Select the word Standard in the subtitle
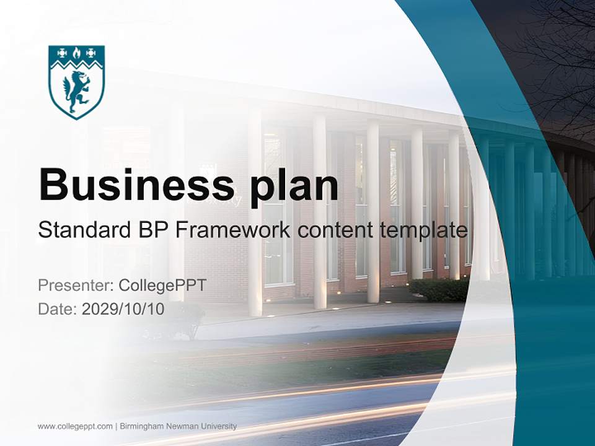point(82,230)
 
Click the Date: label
point(58,308)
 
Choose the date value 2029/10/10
point(123,308)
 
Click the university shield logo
point(76,81)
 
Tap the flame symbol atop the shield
point(76,53)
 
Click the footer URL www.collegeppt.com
point(75,426)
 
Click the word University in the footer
point(219,426)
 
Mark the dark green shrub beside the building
point(440,289)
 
